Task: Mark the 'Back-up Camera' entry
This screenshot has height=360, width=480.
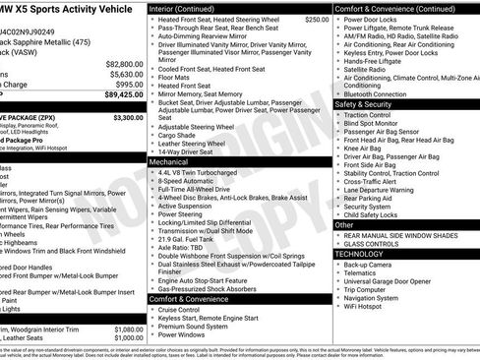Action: tap(372, 265)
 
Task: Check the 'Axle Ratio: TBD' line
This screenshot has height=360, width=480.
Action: tap(186, 249)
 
